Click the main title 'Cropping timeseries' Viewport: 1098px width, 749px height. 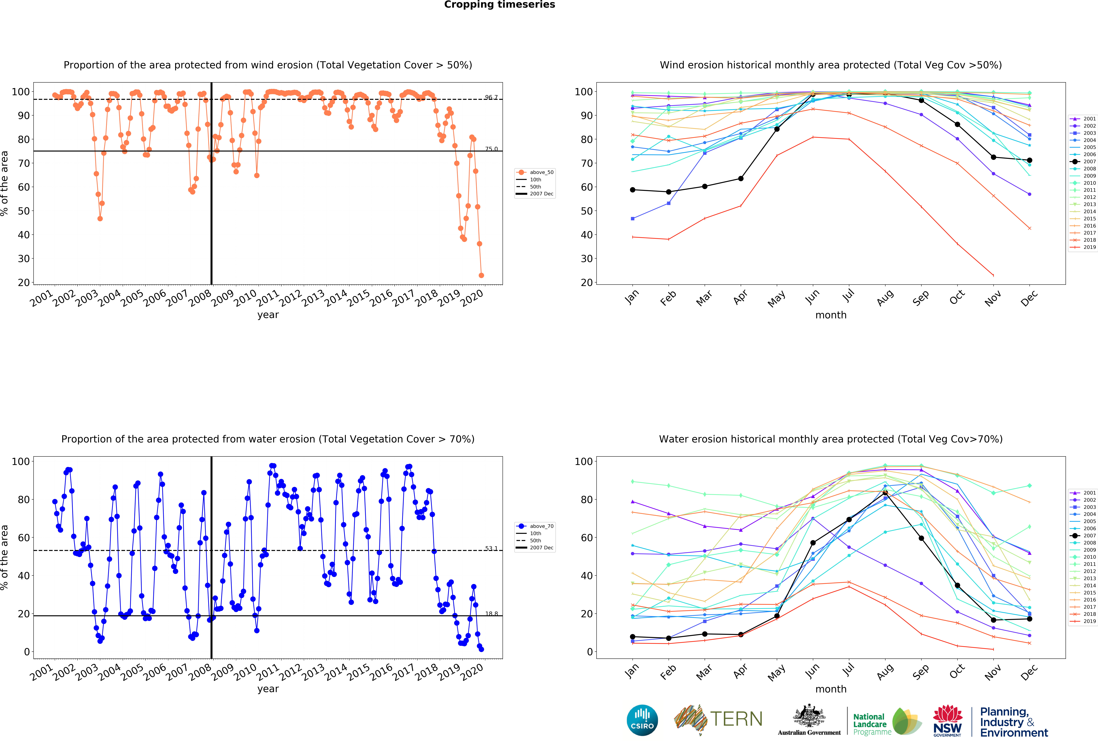pos(499,5)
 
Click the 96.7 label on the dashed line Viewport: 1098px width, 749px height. pos(491,97)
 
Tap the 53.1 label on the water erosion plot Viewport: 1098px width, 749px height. pos(491,548)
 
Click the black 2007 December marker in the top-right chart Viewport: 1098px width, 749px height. pos(1029,160)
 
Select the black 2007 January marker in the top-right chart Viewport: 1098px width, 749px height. pos(633,190)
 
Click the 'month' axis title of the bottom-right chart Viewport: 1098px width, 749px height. pos(831,689)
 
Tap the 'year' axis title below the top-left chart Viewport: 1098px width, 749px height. pos(268,315)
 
